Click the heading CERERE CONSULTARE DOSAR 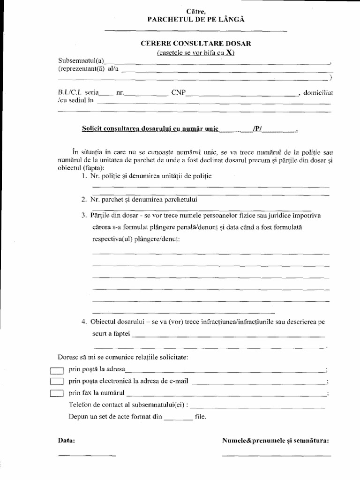196,43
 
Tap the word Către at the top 196,11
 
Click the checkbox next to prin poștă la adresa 56,370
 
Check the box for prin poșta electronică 56,381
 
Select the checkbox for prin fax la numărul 56,393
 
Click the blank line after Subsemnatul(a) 218,63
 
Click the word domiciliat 318,93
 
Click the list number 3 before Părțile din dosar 83,216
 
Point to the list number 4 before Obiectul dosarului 83,322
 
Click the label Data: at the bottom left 66,441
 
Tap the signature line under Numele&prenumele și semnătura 276,455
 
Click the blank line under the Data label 86,455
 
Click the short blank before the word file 179,419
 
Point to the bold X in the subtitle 229,52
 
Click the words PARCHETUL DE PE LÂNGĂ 196,19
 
